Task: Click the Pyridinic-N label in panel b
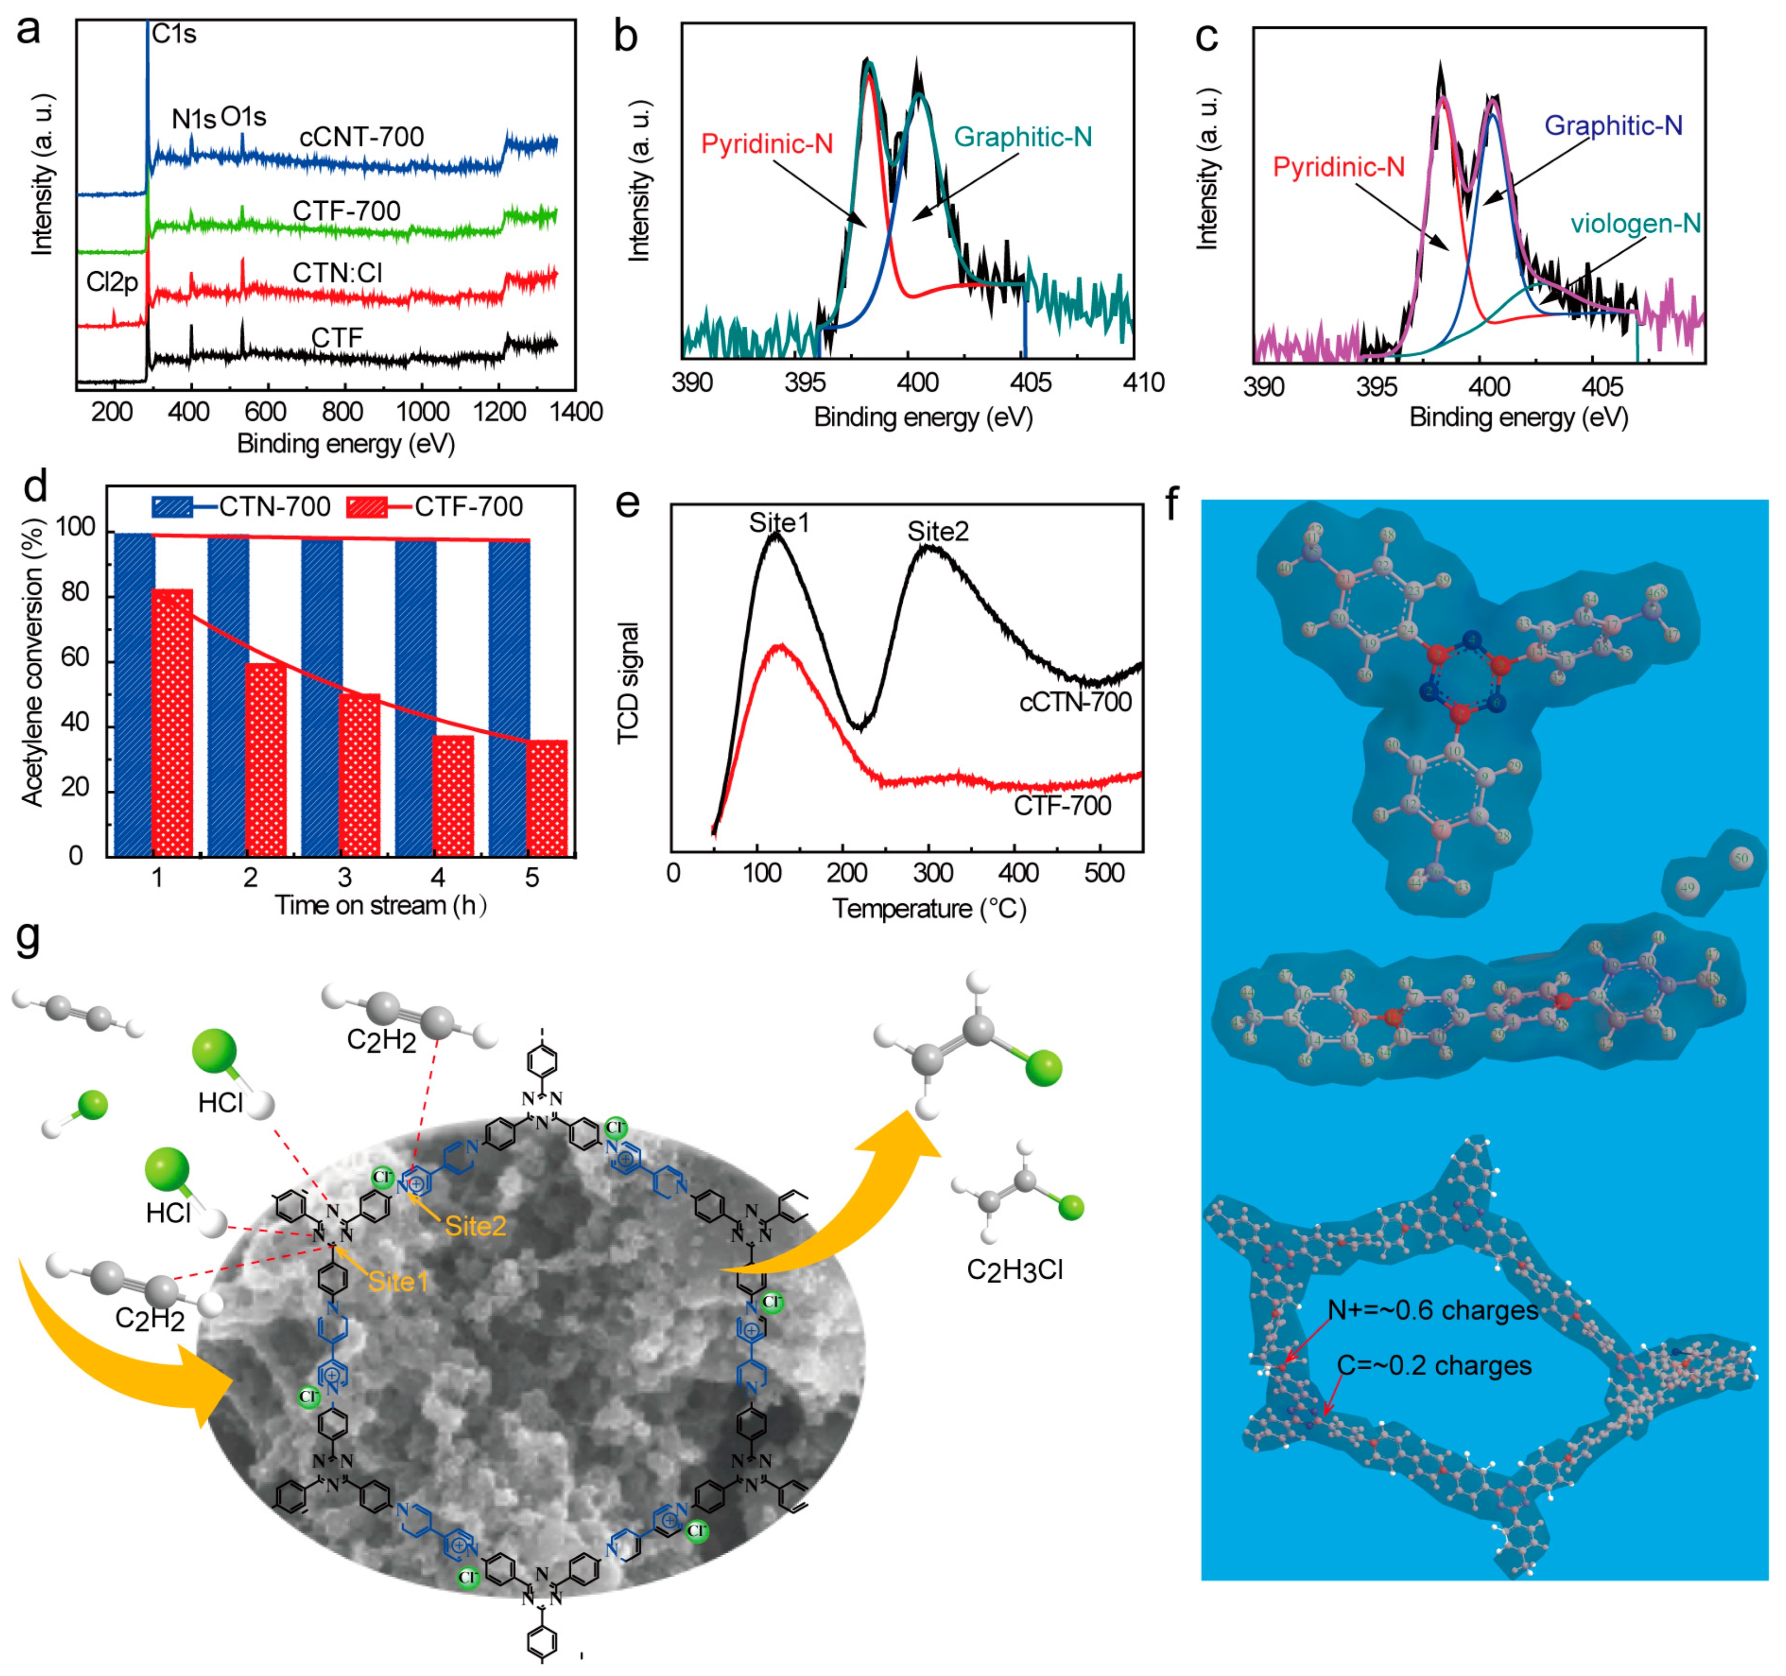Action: tap(766, 144)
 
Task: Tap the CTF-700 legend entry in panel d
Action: tap(468, 507)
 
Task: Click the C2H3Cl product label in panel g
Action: tap(1014, 1270)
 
